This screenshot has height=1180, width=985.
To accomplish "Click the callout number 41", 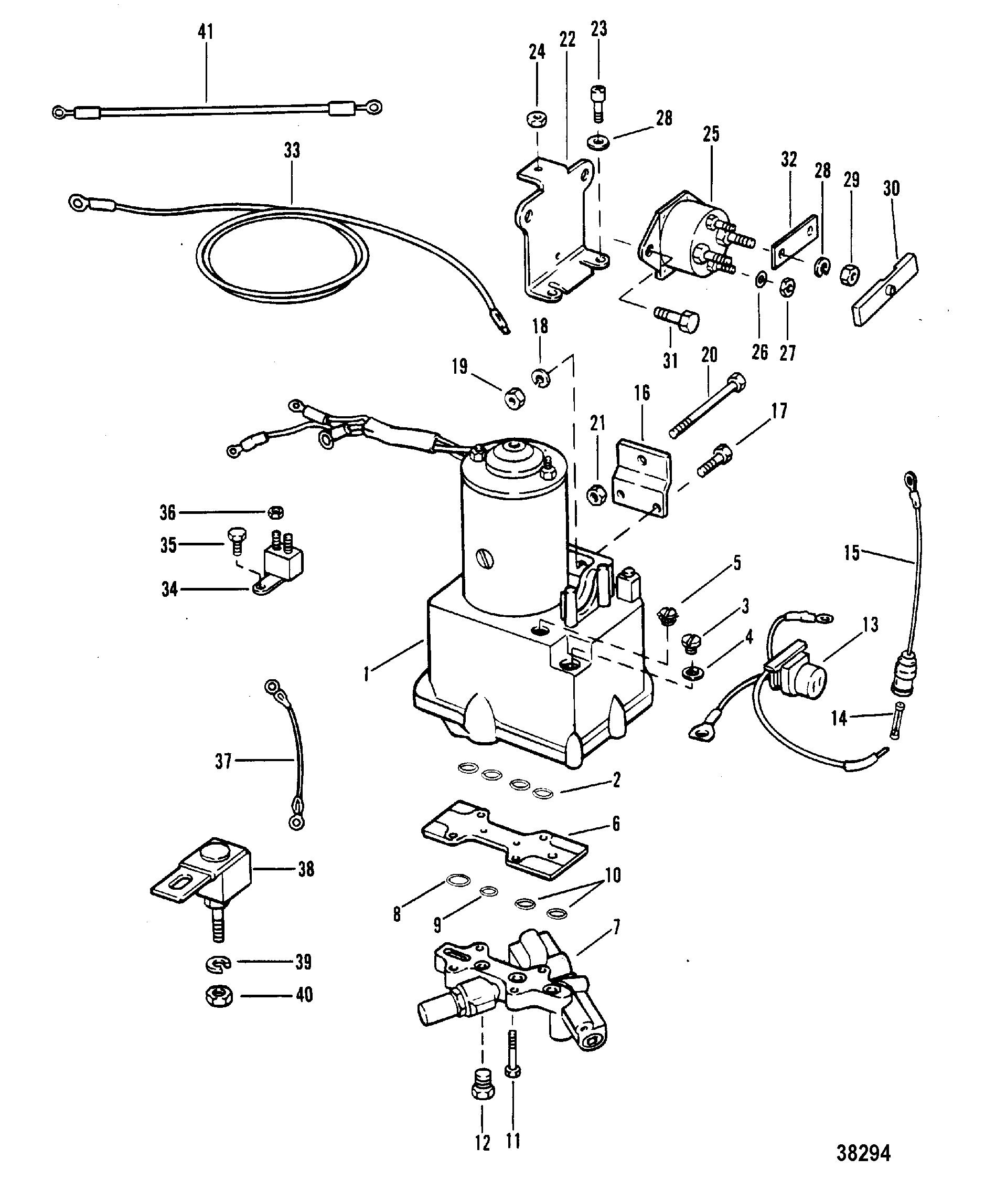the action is click(206, 32).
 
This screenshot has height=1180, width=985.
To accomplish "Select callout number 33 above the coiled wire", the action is click(292, 151).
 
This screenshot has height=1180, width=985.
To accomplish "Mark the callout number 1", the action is click(366, 672).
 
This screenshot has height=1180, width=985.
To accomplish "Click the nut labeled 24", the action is click(538, 120).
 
